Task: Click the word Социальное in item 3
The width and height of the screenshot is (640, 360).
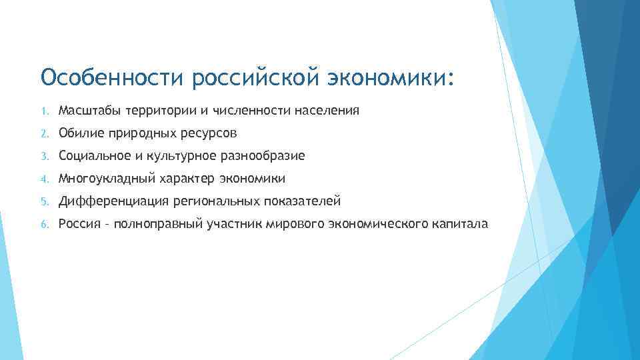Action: point(90,156)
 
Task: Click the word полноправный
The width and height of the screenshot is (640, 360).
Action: point(156,224)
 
